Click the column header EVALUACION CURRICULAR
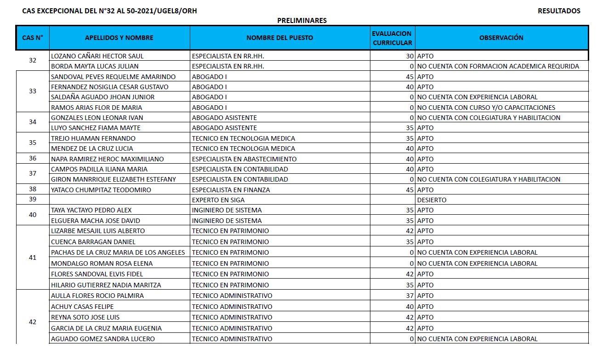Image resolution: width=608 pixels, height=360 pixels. (392, 38)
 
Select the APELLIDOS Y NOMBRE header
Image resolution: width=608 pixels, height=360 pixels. (119, 38)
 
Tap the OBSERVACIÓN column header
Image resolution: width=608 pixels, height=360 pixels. (501, 38)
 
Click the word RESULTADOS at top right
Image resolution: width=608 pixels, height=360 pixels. (559, 11)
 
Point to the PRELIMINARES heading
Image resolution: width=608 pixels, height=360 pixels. (302, 21)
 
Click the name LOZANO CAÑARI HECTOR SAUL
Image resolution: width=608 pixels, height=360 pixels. (97, 56)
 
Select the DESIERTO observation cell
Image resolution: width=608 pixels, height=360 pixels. (432, 200)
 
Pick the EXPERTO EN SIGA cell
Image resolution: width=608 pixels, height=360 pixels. (218, 200)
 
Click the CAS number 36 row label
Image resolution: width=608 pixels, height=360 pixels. (32, 159)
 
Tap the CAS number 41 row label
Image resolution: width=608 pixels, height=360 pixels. (32, 257)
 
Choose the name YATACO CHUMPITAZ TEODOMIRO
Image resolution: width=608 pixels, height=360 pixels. (101, 190)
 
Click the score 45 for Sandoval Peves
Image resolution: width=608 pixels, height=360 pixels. (409, 77)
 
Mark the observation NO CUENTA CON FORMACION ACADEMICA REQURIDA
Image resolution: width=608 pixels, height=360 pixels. (498, 66)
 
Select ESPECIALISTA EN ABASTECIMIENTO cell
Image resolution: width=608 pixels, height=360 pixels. (244, 159)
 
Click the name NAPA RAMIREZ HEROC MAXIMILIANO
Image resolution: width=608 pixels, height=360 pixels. (108, 159)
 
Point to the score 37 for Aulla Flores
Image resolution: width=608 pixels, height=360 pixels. (409, 296)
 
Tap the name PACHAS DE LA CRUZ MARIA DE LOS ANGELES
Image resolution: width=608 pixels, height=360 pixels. (118, 252)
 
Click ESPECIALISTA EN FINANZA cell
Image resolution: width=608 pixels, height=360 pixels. (231, 190)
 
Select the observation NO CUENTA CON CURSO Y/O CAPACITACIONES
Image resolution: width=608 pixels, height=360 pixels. (486, 108)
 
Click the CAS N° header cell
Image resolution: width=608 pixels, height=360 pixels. (32, 38)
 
